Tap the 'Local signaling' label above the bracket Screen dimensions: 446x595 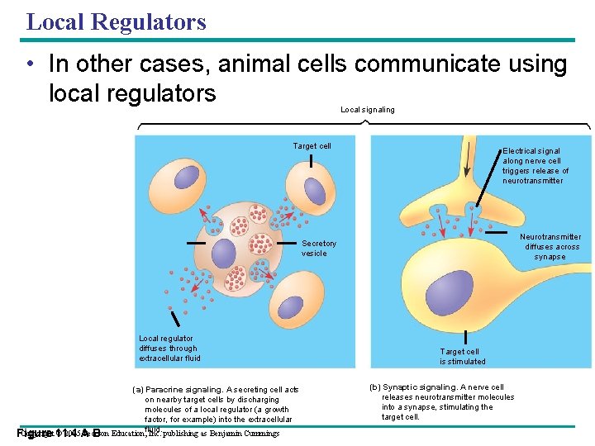pyautogui.click(x=367, y=109)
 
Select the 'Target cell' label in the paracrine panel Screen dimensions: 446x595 pyautogui.click(x=312, y=146)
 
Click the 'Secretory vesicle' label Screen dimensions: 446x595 pyautogui.click(x=319, y=249)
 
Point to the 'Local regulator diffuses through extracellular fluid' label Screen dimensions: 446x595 pyautogui.click(x=169, y=348)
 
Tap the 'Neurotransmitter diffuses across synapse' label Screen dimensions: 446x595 pyautogui.click(x=550, y=246)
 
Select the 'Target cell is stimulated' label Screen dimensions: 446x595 pyautogui.click(x=462, y=356)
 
